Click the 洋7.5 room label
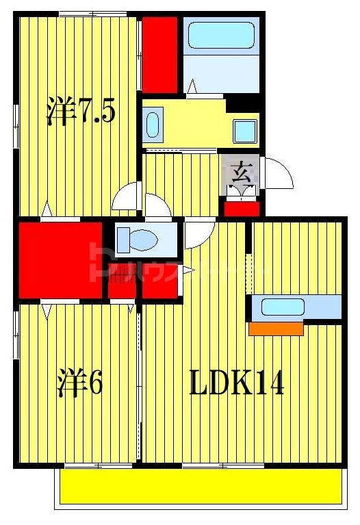(79, 112)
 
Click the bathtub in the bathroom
(221, 35)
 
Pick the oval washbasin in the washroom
(153, 125)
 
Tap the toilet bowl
(140, 240)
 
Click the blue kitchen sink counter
(294, 307)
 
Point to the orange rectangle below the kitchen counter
(276, 329)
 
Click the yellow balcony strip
(198, 487)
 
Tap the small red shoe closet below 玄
(242, 206)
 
